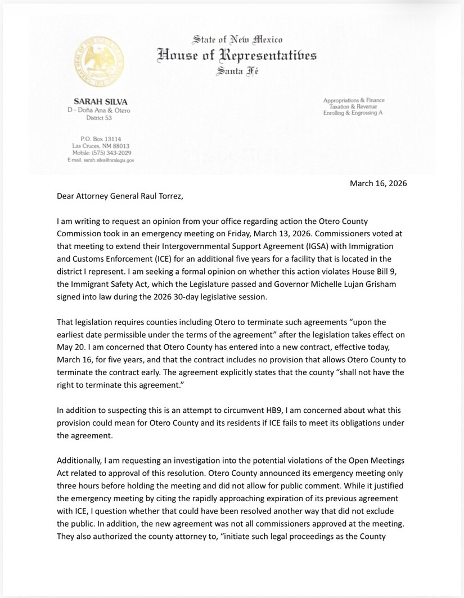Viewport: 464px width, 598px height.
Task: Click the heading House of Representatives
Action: click(x=237, y=55)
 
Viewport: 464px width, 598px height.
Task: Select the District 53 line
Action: click(x=101, y=119)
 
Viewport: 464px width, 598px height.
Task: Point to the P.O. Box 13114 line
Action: click(x=101, y=138)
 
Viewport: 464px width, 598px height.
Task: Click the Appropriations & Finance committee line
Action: click(x=354, y=100)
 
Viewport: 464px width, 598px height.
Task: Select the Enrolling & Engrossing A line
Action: click(x=354, y=114)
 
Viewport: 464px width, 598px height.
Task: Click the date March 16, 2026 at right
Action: click(x=378, y=183)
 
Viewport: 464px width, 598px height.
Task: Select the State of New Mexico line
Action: click(x=237, y=39)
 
